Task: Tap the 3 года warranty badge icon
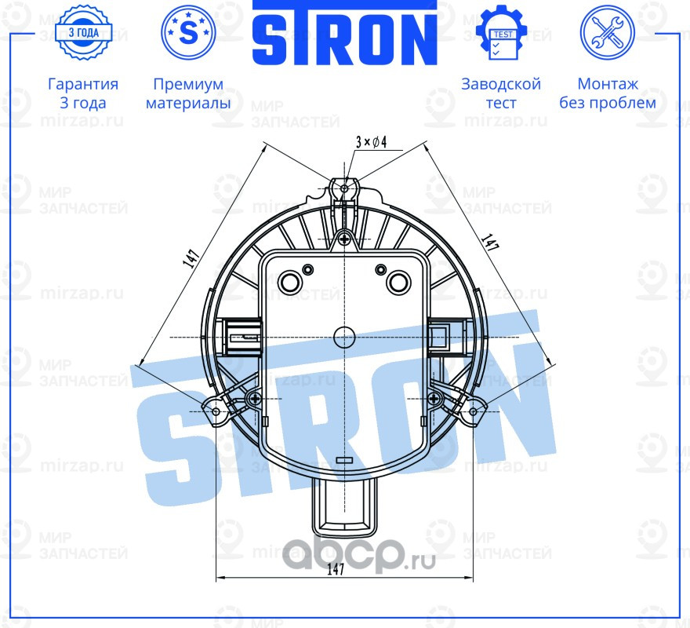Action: (x=83, y=32)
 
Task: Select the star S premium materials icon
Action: (x=188, y=32)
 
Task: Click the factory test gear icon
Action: (x=501, y=32)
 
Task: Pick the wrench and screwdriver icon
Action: (x=607, y=32)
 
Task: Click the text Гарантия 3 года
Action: (x=83, y=93)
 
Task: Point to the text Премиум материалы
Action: (x=188, y=93)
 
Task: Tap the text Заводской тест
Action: (x=501, y=93)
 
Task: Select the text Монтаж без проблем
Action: (x=608, y=93)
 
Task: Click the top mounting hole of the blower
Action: (x=344, y=188)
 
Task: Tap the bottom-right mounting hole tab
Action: (x=473, y=411)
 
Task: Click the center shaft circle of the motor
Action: (x=344, y=337)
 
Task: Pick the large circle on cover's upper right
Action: (x=399, y=280)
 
